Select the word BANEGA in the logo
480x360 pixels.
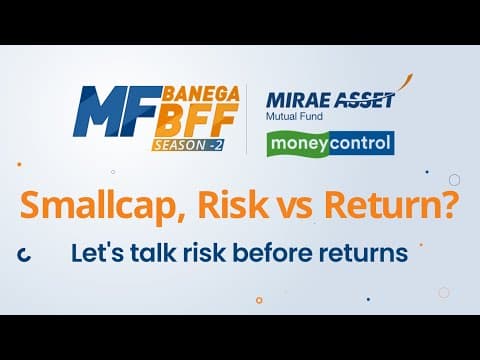tap(201, 94)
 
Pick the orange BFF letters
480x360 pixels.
tap(197, 120)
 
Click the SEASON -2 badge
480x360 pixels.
tap(188, 145)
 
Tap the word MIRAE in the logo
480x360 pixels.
tap(299, 100)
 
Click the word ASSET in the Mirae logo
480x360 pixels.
tap(364, 100)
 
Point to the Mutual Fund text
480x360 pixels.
tap(294, 117)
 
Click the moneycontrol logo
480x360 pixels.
tap(331, 144)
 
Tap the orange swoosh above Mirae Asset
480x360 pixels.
tap(406, 82)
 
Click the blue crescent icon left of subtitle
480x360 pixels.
tap(24, 255)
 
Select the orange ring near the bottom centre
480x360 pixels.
tap(259, 300)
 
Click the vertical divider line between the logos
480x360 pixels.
tap(247, 119)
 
